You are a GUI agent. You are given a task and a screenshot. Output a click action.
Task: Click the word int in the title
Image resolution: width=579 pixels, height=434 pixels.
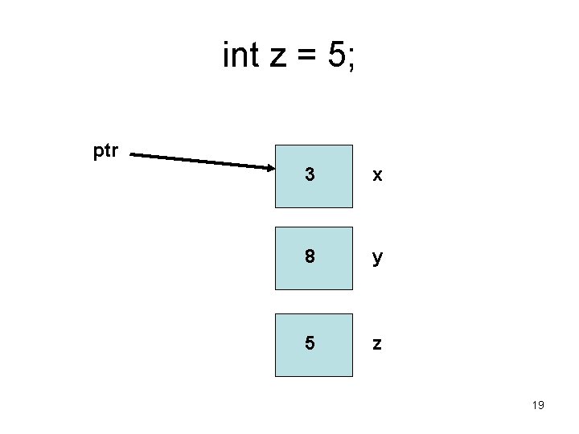pos(240,55)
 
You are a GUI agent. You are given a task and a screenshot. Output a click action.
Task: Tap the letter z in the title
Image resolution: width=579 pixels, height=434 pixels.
pos(277,58)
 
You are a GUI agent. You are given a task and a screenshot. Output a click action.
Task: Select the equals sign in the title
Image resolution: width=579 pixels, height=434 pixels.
pos(306,57)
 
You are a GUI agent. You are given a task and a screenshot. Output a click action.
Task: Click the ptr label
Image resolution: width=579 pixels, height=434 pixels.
pos(106,151)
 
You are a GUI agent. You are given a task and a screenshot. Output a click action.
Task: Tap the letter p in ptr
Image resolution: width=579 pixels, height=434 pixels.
pos(98,152)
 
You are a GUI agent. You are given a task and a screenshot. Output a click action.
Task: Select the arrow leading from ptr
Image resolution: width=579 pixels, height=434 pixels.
pos(201,161)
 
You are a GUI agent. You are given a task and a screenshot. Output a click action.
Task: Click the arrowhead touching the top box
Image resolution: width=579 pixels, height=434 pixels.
pos(269,168)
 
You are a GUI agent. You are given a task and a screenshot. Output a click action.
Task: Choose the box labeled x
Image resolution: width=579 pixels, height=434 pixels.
pos(314,176)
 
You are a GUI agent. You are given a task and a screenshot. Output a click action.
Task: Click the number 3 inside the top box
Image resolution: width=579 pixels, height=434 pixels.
pos(310,174)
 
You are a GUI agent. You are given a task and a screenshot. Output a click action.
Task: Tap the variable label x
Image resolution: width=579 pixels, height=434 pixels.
pos(376,174)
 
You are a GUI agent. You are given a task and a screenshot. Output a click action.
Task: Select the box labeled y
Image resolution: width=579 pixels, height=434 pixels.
pos(314,258)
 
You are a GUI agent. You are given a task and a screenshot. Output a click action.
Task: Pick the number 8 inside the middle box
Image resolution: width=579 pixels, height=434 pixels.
pos(310,258)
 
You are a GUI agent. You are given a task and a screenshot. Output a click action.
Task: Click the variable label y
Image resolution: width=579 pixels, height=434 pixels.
pos(376,260)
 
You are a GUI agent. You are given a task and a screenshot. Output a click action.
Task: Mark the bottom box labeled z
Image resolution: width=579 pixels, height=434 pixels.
pos(314,345)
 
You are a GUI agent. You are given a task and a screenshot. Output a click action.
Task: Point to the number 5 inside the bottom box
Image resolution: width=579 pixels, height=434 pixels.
pos(310,343)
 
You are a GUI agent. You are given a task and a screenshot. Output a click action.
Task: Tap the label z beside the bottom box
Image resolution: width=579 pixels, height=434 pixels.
pos(376,344)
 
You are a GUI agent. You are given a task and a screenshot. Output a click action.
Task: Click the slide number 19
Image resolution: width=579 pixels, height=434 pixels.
pos(538,405)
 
